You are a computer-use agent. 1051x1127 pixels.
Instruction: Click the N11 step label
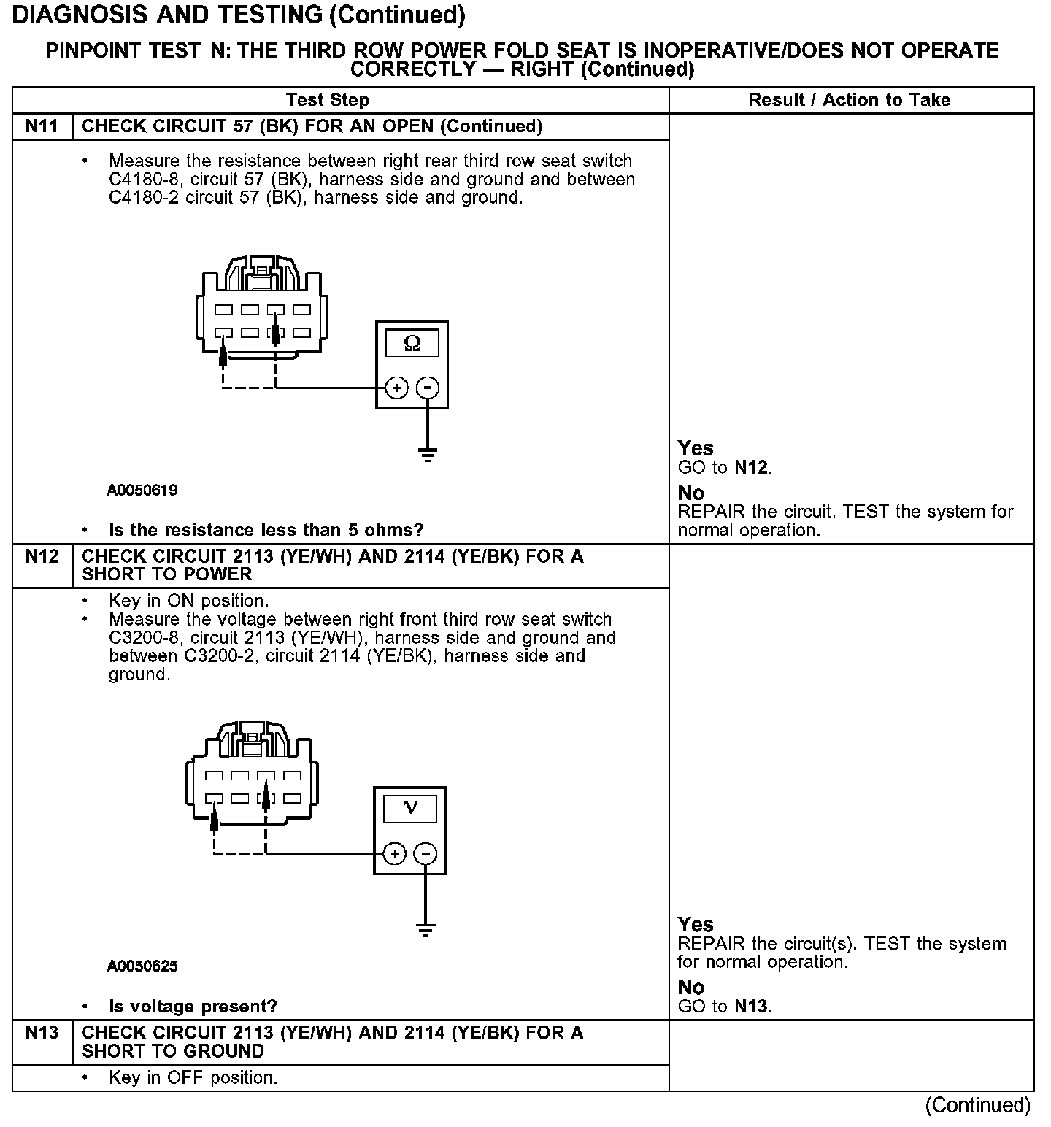[x=42, y=126]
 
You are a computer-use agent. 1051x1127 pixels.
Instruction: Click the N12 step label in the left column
[x=42, y=557]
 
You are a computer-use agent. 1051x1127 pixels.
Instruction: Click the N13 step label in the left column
[x=42, y=1033]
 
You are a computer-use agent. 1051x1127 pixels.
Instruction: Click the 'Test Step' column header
[x=328, y=100]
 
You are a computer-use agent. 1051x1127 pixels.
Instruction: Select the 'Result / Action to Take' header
[x=850, y=100]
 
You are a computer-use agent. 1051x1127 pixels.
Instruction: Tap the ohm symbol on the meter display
[x=412, y=343]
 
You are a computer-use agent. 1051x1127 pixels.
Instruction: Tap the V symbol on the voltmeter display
[x=410, y=808]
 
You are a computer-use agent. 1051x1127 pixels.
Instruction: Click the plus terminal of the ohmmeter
[x=396, y=388]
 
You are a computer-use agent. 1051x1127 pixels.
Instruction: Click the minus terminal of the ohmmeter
[x=428, y=388]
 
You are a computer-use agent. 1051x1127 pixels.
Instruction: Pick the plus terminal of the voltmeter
[x=394, y=853]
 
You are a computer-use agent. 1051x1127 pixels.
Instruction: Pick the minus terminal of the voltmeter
[x=426, y=853]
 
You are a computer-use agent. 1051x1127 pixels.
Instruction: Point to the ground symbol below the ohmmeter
[x=428, y=455]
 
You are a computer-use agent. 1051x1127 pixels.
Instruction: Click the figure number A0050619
[x=142, y=491]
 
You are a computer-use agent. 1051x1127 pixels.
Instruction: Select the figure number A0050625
[x=142, y=966]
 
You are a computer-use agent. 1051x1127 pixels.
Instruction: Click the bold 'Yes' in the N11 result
[x=696, y=448]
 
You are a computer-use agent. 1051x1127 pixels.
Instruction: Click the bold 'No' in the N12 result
[x=690, y=987]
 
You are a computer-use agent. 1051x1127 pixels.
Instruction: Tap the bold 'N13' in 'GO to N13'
[x=751, y=1007]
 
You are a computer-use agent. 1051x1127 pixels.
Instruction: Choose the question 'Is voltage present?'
[x=193, y=1007]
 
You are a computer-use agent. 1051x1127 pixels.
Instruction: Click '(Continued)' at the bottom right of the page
[x=977, y=1105]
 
